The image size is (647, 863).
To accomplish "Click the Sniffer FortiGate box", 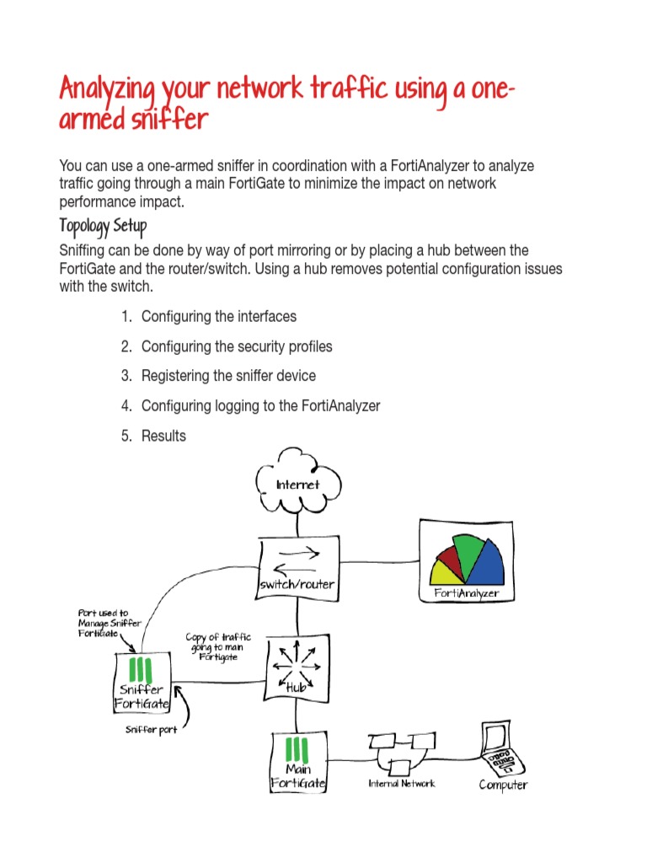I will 142,682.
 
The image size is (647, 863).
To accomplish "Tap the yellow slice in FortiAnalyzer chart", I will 445,575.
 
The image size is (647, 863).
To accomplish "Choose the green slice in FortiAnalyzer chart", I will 467,549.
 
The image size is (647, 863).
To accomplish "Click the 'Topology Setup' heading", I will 103,228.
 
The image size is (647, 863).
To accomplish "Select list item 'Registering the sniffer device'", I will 228,376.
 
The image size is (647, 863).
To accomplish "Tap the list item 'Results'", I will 163,436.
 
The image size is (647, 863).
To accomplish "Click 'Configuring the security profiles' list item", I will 237,346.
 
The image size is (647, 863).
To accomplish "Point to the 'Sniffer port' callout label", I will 152,730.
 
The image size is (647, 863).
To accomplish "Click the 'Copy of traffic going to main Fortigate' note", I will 218,646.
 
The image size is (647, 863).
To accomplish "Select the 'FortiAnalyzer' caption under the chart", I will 466,593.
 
